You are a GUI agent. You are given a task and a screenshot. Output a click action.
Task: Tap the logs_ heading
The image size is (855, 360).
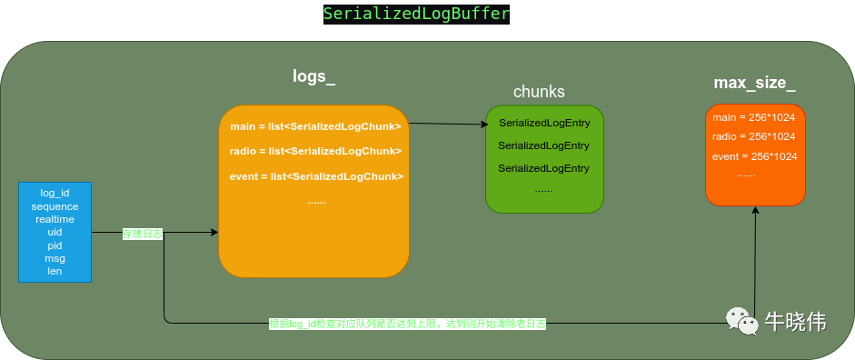coord(313,76)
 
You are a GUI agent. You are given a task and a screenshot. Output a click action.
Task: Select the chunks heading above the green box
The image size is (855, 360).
coord(539,91)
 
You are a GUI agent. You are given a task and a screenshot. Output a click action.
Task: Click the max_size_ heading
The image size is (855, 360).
coord(754,84)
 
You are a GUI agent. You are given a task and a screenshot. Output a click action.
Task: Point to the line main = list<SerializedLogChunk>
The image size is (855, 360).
coord(315,126)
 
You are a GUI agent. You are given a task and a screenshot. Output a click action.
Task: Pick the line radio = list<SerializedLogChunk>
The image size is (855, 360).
coord(315,151)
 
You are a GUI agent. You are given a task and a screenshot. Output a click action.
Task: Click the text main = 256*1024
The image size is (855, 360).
coord(753,118)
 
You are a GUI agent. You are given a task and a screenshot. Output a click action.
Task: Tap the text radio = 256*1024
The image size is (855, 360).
coord(754,136)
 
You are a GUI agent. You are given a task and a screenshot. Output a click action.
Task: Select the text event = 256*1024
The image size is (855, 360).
coord(755,156)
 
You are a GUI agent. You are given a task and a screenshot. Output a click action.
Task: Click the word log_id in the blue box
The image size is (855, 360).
coord(55,194)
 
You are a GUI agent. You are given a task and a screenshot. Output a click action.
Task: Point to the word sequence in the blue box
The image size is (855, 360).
coord(55,206)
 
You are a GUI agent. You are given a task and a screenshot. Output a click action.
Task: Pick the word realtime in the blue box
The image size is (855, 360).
coord(55,219)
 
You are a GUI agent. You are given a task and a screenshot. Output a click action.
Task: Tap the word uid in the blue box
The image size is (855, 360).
coord(55,232)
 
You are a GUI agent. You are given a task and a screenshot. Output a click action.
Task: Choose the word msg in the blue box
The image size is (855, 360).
coord(55,258)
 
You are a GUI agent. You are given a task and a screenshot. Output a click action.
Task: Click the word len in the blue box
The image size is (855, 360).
coord(55,271)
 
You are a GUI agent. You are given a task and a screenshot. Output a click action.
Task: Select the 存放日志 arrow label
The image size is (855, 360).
coord(143,234)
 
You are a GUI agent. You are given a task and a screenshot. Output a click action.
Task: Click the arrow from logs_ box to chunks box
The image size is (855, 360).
coord(447,124)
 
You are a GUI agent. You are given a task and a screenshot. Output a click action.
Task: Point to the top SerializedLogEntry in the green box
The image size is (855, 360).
coord(544,123)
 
